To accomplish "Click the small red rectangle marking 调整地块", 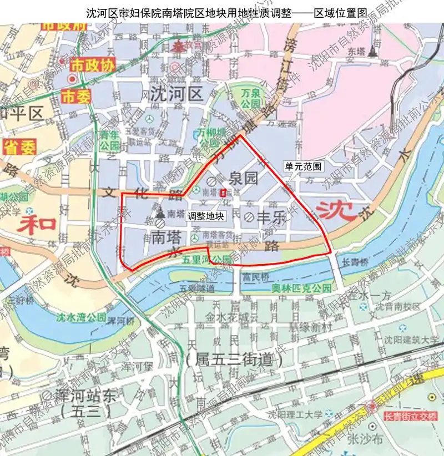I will (223, 193).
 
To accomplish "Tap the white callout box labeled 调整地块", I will (206, 216).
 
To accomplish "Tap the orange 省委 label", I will (20, 148).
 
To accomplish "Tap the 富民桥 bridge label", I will (255, 276).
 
